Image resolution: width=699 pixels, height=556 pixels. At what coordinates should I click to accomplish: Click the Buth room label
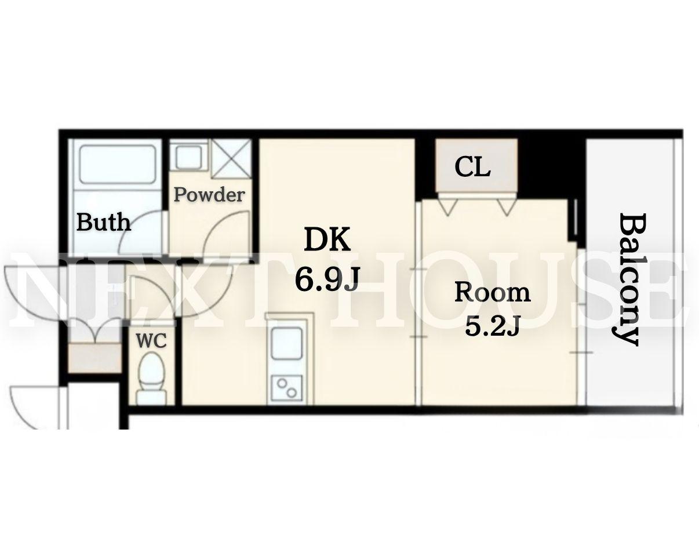click(x=104, y=222)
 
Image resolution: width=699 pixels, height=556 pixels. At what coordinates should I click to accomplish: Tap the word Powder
click(x=209, y=195)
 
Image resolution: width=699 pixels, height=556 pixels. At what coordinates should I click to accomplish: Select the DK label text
click(x=327, y=239)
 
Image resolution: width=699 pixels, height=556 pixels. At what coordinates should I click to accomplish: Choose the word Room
click(x=493, y=292)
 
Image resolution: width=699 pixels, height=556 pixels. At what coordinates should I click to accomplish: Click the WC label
click(x=151, y=341)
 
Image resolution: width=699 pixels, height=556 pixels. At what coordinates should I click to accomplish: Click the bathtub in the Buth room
click(x=118, y=165)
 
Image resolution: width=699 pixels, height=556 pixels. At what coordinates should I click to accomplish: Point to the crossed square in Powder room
click(x=231, y=158)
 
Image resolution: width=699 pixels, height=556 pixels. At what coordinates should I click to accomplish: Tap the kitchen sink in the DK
click(x=286, y=343)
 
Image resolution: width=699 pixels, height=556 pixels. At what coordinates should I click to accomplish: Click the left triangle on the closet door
click(x=449, y=206)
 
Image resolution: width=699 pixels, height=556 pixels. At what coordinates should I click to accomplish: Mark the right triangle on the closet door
click(x=507, y=206)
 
